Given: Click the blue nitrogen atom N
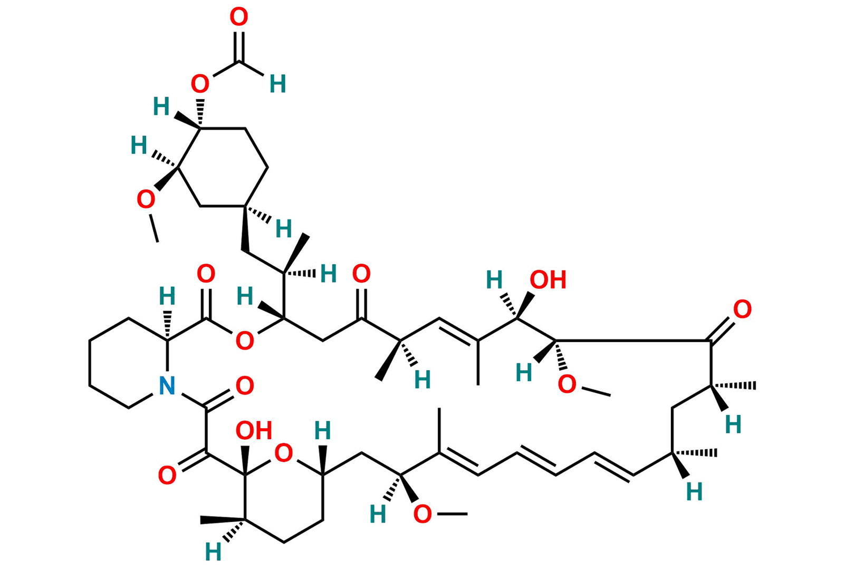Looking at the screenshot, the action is [x=167, y=385].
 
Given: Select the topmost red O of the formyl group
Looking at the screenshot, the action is [x=239, y=17].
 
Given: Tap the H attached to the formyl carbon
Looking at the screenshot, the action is [x=277, y=84].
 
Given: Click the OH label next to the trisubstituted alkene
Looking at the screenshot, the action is [x=548, y=280].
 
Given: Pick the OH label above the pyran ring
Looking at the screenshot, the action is [x=254, y=431].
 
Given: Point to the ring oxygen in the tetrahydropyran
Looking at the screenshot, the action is [x=284, y=453].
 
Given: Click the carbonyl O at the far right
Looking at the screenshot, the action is [x=742, y=309].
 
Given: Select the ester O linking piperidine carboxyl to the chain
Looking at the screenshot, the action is [x=245, y=341].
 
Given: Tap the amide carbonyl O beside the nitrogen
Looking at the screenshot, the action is [x=245, y=386].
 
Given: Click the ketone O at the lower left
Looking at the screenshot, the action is [x=167, y=475].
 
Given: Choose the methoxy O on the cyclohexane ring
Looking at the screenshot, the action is [x=146, y=199].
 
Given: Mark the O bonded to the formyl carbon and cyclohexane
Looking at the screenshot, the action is [x=200, y=84].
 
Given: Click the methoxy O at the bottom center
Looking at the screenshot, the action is [x=423, y=514].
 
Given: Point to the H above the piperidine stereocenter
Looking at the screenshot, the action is [x=167, y=296].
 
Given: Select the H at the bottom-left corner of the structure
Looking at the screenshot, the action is [x=213, y=552].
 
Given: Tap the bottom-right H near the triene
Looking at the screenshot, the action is [x=694, y=492].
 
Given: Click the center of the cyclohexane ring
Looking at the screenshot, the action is [x=223, y=167].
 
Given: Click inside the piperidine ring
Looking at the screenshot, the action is [x=129, y=363].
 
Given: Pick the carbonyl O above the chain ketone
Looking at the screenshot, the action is [x=361, y=274].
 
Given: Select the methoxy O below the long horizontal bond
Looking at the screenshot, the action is [x=567, y=384].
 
